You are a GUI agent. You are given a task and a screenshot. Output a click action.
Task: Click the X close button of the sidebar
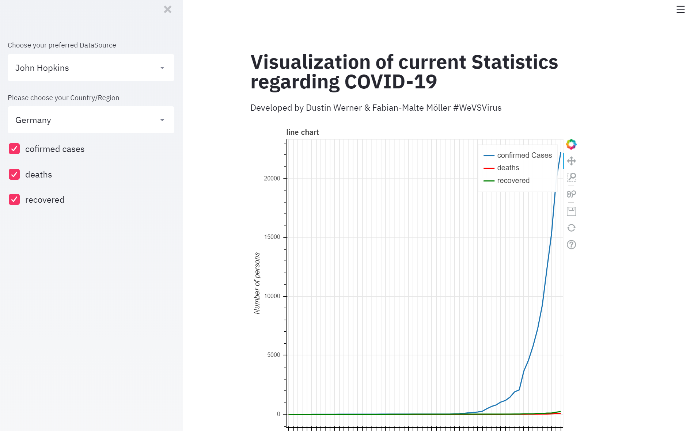[x=168, y=9]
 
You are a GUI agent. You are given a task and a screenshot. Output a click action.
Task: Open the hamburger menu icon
[x=680, y=9]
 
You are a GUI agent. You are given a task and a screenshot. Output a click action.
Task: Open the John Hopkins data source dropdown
[x=91, y=68]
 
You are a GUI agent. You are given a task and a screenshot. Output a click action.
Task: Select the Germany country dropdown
[x=91, y=120]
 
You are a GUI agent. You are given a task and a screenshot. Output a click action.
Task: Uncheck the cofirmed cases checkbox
[x=14, y=149]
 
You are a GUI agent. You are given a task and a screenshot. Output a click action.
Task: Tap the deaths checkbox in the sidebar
[x=14, y=175]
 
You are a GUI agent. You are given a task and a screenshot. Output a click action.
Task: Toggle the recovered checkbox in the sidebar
[x=14, y=200]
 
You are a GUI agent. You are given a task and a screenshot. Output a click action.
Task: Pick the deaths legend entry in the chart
[x=508, y=168]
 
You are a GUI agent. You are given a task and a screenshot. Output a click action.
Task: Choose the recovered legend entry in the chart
[x=513, y=181]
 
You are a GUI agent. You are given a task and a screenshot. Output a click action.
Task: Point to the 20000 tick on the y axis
[x=272, y=179]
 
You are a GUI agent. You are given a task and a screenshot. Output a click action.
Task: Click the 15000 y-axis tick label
[x=272, y=237]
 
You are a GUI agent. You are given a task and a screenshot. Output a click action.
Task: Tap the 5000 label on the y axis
[x=273, y=355]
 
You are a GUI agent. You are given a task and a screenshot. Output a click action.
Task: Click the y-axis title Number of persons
[x=257, y=283]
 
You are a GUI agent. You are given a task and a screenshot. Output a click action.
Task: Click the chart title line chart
[x=302, y=133]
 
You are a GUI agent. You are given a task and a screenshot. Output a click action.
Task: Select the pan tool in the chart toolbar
[x=571, y=161]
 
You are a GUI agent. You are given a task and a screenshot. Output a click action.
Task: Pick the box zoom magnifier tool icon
[x=571, y=178]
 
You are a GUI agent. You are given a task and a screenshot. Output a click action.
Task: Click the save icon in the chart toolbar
[x=571, y=211]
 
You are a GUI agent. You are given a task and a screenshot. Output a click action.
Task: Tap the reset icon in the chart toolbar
[x=571, y=228]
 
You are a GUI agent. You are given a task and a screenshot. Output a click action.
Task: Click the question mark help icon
[x=571, y=245]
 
